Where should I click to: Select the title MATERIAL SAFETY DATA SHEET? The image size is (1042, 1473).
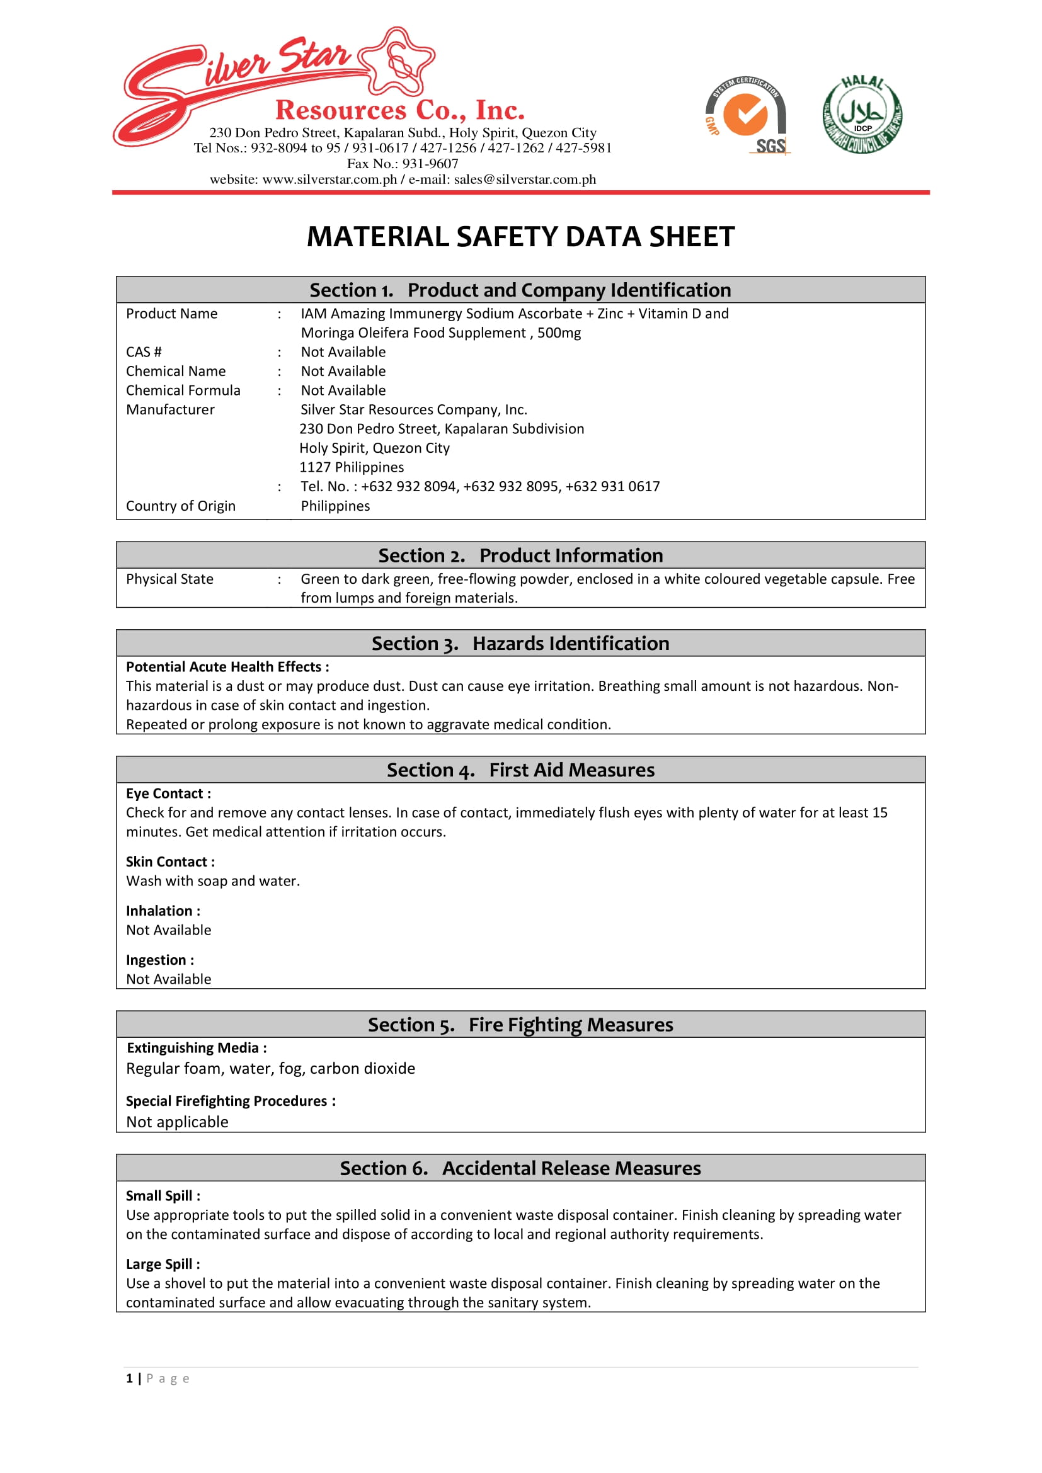pos(520,237)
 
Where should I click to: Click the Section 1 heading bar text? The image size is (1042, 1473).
pos(520,290)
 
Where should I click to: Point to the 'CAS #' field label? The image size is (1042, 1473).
pos(144,352)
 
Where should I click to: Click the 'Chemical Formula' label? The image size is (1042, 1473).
pos(183,390)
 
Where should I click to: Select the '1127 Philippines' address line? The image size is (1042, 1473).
pos(352,468)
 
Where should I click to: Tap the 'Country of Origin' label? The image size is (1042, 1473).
pos(180,506)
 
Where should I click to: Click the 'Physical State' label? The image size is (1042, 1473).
pos(169,579)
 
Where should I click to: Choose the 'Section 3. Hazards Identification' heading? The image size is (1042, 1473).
pos(520,644)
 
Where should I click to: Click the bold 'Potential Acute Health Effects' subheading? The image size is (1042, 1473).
pos(227,667)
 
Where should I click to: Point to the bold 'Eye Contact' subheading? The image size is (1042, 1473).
pos(168,793)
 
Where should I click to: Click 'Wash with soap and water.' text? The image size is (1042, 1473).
pos(212,882)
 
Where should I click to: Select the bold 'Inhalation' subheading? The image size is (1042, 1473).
pos(163,911)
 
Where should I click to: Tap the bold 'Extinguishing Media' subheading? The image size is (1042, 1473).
pos(197,1049)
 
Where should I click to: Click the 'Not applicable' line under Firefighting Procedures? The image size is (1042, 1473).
pos(177,1122)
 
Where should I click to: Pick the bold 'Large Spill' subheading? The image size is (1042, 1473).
pos(163,1265)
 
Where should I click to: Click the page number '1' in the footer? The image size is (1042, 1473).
pos(130,1379)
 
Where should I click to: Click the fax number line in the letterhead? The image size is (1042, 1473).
pos(403,164)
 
